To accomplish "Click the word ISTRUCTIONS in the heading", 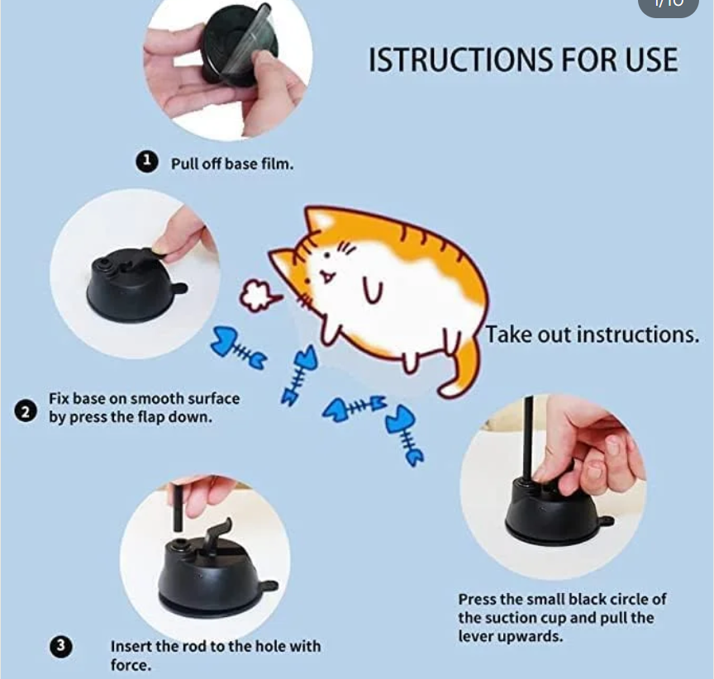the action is [x=461, y=60].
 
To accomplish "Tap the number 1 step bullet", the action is [x=146, y=162].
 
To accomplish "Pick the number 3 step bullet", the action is [x=60, y=646].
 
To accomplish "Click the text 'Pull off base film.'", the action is [x=232, y=164].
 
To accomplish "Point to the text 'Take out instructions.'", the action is [x=592, y=335].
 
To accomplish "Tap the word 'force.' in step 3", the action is [x=131, y=665].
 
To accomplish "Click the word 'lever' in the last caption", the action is [x=476, y=636].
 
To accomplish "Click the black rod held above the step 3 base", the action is [x=178, y=507].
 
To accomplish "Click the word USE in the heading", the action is [x=652, y=60].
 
